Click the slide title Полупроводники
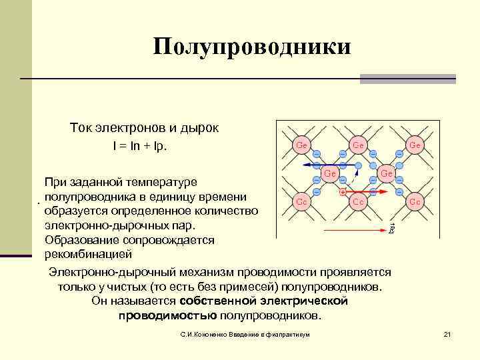point(251,47)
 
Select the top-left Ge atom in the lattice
point(301,144)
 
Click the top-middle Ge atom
point(358,144)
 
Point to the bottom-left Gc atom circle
point(301,201)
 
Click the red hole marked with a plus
point(342,192)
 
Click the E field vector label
point(391,229)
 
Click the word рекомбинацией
point(88,255)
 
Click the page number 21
point(447,333)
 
